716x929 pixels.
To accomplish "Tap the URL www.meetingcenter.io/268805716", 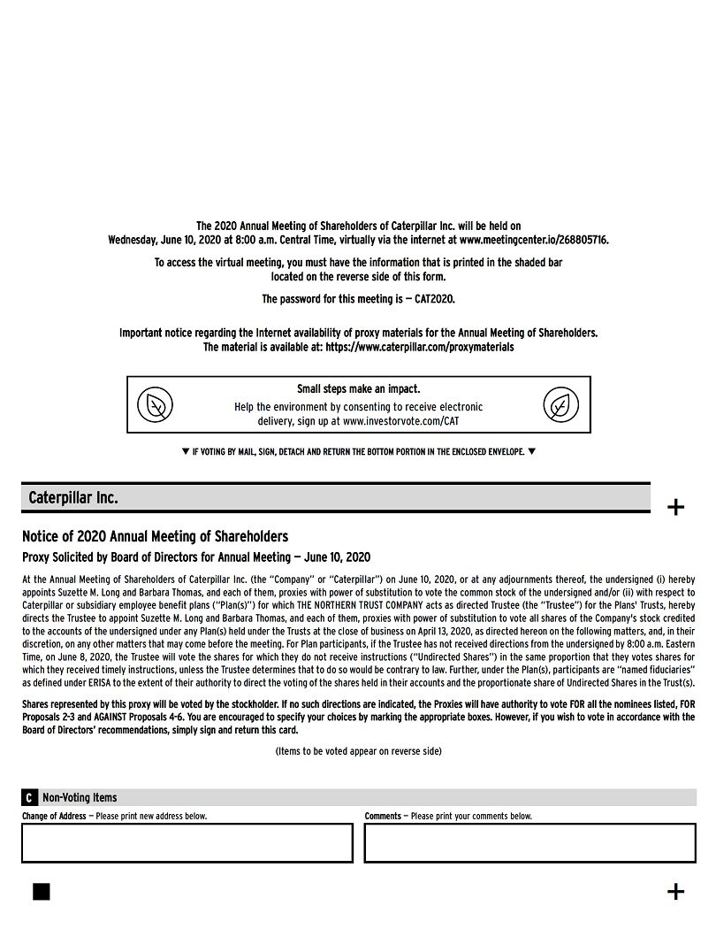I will click(534, 240).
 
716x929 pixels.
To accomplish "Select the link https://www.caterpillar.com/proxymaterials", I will click(419, 348).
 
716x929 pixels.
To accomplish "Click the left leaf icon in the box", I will click(156, 406).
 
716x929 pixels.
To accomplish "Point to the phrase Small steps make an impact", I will click(358, 389).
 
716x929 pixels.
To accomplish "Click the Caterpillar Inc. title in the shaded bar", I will click(73, 498).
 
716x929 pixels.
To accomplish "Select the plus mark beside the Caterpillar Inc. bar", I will click(675, 507).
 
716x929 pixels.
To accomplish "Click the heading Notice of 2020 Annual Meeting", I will click(155, 537).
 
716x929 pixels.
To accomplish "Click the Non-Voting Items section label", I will click(80, 798).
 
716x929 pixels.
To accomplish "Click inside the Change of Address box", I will click(187, 843).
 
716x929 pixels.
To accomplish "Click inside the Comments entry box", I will click(529, 843).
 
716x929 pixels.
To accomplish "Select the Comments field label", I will click(383, 816).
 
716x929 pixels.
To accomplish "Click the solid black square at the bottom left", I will click(42, 891).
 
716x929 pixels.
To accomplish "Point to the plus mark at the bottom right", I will click(675, 891).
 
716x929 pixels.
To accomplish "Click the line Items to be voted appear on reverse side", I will click(358, 751).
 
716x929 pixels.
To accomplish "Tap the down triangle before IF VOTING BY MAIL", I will click(186, 452).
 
